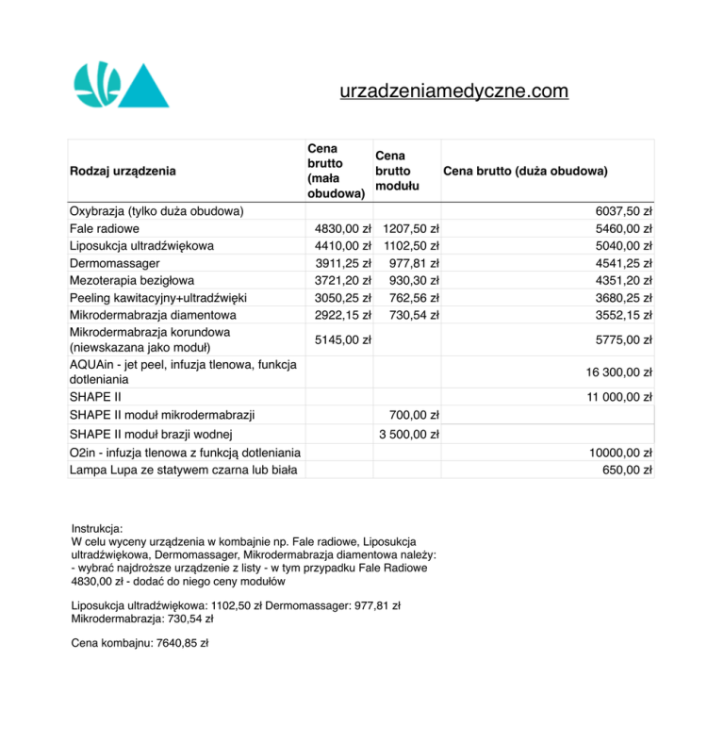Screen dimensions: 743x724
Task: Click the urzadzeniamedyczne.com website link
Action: pos(453,91)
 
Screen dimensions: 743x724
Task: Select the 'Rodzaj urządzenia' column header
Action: pos(123,171)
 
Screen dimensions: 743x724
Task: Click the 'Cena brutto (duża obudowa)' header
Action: pos(525,171)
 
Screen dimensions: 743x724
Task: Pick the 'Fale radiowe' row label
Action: pos(105,228)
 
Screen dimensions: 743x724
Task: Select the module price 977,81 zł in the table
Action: pos(414,263)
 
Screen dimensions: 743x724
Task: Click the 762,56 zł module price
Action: pos(414,297)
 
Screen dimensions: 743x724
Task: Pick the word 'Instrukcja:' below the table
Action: pos(97,530)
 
